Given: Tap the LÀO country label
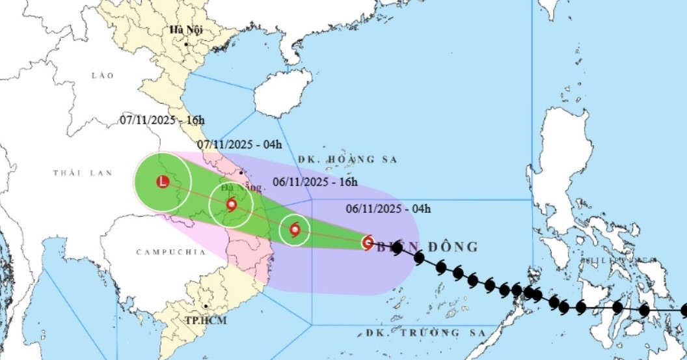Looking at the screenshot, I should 103,76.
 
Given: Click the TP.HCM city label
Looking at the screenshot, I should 200,320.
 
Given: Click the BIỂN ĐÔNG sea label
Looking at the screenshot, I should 429,247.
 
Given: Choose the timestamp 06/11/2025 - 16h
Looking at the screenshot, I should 316,182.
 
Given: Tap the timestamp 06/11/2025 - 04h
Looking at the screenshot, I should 388,208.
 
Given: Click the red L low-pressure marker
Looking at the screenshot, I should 163,181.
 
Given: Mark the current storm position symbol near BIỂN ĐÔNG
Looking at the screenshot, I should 368,243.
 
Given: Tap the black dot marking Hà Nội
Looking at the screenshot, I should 186,44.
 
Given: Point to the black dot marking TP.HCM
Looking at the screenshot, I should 206,305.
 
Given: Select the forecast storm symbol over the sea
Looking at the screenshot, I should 293,230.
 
